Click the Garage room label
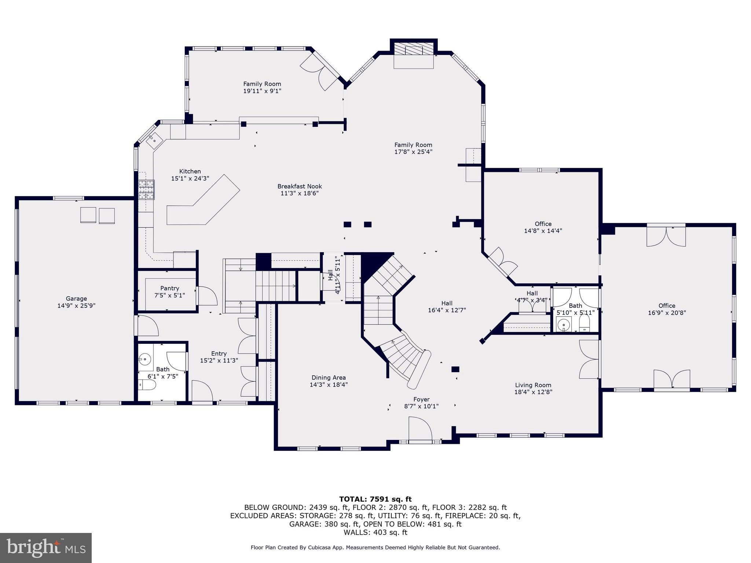click(76, 299)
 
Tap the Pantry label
click(169, 288)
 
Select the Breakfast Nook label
click(299, 186)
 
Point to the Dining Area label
click(329, 378)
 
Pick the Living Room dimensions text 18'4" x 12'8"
click(533, 392)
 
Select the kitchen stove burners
click(146, 190)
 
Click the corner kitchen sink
click(154, 140)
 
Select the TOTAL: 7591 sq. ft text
click(375, 499)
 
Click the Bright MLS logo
click(46, 548)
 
